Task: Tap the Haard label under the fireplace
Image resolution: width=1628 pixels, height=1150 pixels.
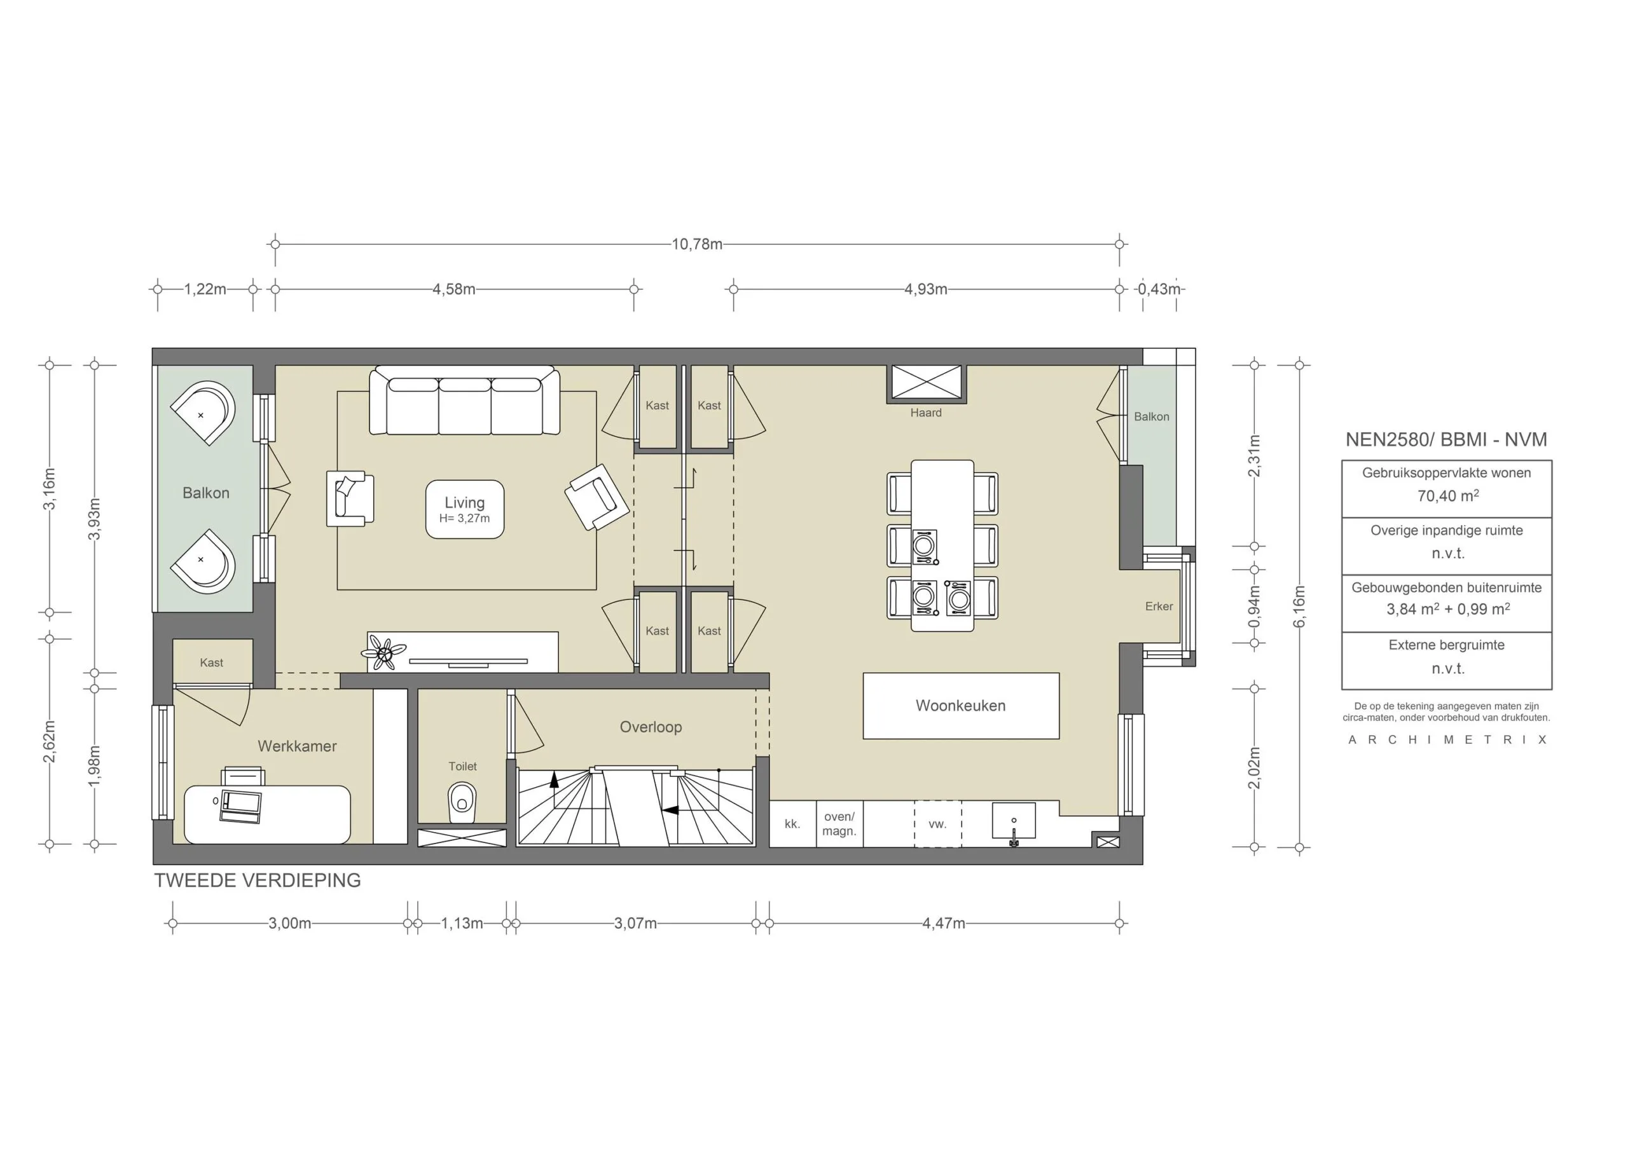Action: pyautogui.click(x=925, y=413)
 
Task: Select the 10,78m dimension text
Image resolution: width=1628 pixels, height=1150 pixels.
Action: pyautogui.click(x=696, y=245)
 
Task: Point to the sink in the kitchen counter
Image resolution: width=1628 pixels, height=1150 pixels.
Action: pyautogui.click(x=1013, y=821)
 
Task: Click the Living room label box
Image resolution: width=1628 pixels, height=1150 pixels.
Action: pyautogui.click(x=464, y=509)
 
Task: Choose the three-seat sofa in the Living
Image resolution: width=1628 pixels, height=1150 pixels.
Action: pyautogui.click(x=464, y=402)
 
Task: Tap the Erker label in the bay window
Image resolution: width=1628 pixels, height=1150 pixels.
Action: pyautogui.click(x=1159, y=606)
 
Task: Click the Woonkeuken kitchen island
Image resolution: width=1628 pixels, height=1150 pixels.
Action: pyautogui.click(x=960, y=706)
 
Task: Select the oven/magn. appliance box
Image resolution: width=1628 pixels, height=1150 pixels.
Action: pyautogui.click(x=839, y=824)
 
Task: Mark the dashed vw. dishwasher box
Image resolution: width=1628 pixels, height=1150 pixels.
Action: pyautogui.click(x=937, y=824)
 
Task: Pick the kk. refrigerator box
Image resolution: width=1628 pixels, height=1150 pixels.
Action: pyautogui.click(x=792, y=824)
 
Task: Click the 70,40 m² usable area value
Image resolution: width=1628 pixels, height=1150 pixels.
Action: pyautogui.click(x=1447, y=496)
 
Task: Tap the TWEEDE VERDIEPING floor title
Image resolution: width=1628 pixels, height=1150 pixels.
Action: pyautogui.click(x=258, y=880)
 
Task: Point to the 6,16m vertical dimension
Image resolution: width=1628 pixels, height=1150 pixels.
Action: pyautogui.click(x=1299, y=606)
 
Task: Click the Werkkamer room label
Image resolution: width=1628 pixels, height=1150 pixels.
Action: pyautogui.click(x=296, y=746)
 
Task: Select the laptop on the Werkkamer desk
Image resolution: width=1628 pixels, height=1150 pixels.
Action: pyautogui.click(x=240, y=805)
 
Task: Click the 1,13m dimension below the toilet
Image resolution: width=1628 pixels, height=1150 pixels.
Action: pyautogui.click(x=462, y=923)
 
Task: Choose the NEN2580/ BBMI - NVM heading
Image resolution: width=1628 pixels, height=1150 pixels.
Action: pyautogui.click(x=1445, y=439)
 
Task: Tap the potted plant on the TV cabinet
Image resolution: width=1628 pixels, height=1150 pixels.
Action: pyautogui.click(x=385, y=652)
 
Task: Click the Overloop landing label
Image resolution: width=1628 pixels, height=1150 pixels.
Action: pyautogui.click(x=650, y=727)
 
